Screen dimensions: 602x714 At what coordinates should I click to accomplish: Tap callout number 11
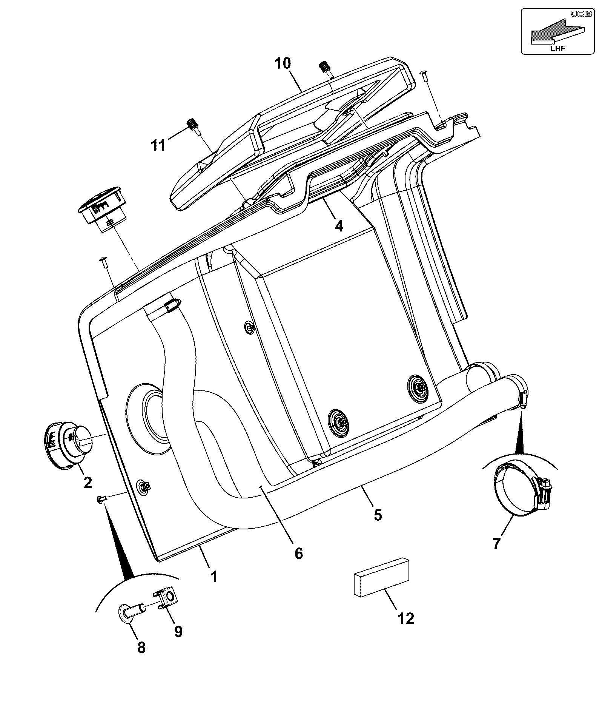pyautogui.click(x=158, y=145)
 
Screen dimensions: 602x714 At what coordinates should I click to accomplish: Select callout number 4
pyautogui.click(x=339, y=226)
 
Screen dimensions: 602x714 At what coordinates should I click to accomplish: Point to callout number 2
pyautogui.click(x=87, y=482)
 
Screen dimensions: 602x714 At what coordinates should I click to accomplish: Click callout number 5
pyautogui.click(x=378, y=515)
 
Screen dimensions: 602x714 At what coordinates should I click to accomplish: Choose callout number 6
pyautogui.click(x=298, y=554)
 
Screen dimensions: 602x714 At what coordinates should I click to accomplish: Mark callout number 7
pyautogui.click(x=496, y=544)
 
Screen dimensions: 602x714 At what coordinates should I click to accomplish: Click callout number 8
pyautogui.click(x=141, y=648)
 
